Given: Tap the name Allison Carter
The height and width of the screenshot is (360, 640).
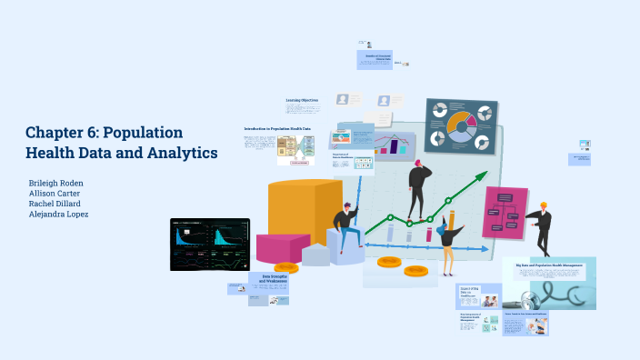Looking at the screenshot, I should tap(55, 194).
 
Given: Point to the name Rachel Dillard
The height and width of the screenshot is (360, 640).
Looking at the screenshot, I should tap(55, 204).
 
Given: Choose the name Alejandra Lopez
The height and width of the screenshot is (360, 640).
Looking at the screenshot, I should tap(58, 215).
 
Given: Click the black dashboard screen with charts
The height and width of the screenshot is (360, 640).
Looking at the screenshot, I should tap(209, 244).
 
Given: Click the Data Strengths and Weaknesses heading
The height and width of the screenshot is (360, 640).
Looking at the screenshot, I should tap(275, 279).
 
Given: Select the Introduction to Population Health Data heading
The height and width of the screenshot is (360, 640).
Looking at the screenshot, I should tap(276, 129).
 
